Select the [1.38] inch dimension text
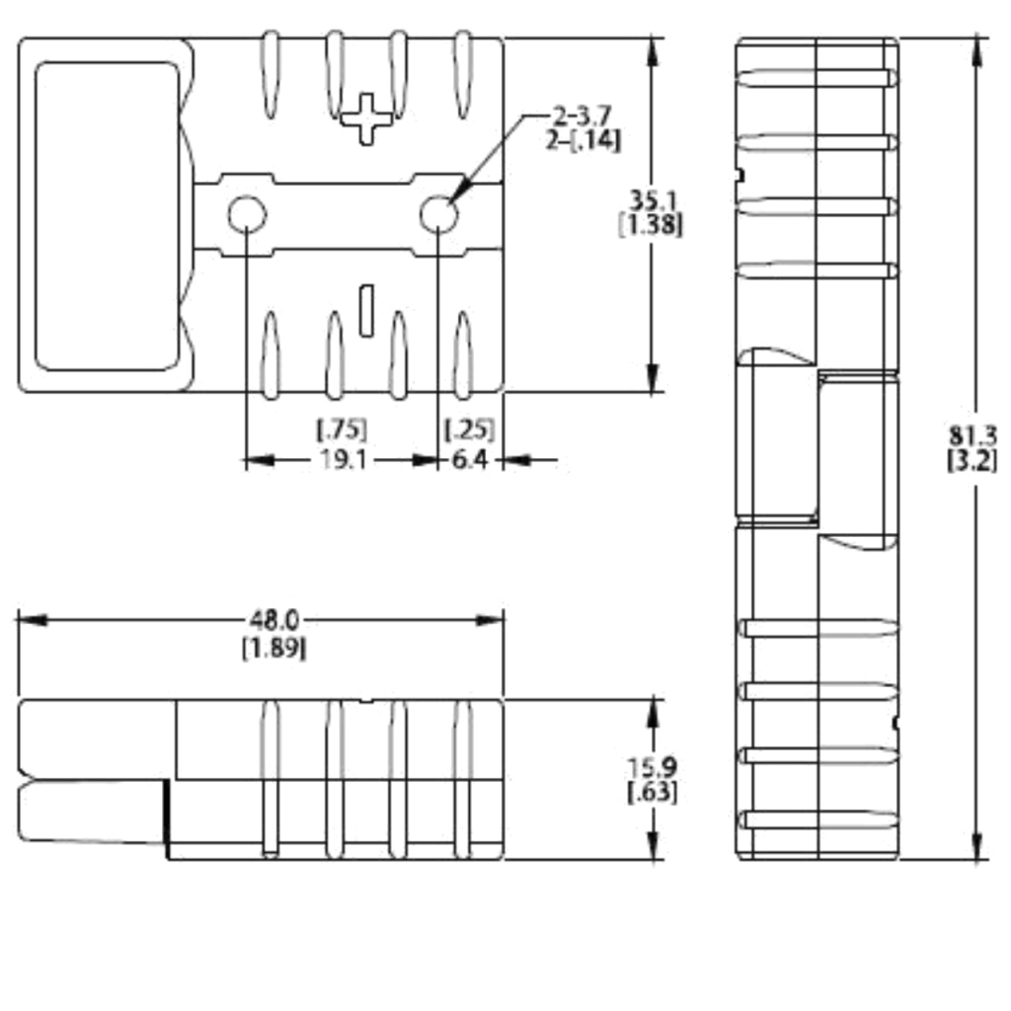650,224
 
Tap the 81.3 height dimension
972,435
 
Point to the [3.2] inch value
972,460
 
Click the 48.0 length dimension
272,620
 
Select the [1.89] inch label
273,648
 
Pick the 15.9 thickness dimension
652,766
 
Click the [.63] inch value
652,791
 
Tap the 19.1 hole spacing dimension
342,460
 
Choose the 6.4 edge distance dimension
470,460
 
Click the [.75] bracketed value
342,429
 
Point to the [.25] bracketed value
470,429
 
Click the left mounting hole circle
246,214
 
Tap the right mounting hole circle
438,214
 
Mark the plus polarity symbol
366,117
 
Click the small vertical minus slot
366,308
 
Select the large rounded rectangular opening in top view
107,215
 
